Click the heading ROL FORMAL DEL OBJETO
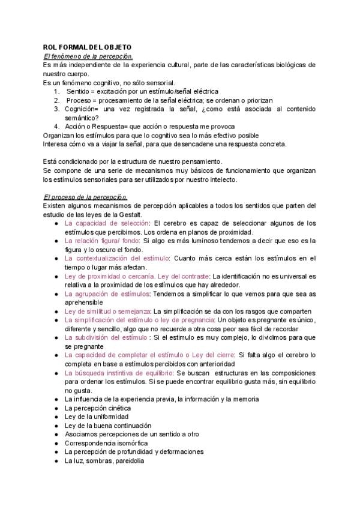[x=87, y=47]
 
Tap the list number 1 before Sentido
[x=56, y=91]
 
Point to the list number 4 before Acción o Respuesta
[x=56, y=126]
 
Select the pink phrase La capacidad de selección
[x=106, y=223]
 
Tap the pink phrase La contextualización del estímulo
[x=116, y=258]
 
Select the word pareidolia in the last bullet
[x=128, y=460]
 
